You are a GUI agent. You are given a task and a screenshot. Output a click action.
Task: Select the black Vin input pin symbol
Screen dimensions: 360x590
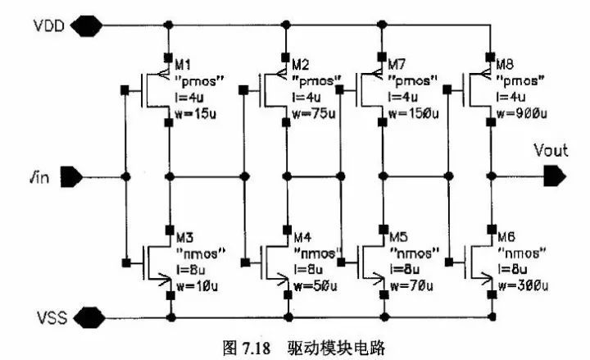tap(70, 176)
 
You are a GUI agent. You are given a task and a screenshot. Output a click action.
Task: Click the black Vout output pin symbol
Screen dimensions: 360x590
tap(554, 175)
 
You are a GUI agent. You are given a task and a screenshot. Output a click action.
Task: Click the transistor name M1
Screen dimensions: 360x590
tap(185, 64)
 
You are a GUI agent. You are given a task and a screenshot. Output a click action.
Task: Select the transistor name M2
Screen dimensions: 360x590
tap(301, 64)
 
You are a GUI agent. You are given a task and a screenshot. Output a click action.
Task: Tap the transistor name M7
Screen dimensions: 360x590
tap(398, 64)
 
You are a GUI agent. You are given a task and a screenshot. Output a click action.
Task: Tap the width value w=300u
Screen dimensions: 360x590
tap(520, 285)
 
